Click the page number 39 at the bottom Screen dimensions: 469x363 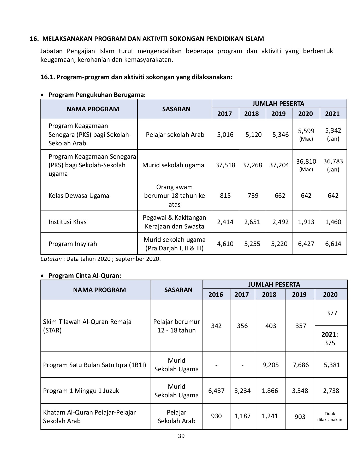[x=181, y=436]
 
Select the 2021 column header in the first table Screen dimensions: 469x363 [x=332, y=114]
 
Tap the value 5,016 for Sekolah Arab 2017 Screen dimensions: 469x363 [x=225, y=135]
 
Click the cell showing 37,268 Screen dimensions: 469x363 [x=252, y=165]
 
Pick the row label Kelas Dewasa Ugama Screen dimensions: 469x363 [x=79, y=196]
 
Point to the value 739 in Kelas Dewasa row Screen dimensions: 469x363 [x=253, y=196]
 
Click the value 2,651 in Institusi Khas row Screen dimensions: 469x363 [x=252, y=222]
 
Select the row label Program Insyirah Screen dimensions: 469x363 [x=73, y=244]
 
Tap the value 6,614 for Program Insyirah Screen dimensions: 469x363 [x=333, y=244]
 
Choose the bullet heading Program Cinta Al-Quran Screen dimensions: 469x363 [x=85, y=276]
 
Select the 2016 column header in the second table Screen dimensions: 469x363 [x=216, y=295]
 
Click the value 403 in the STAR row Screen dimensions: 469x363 [x=271, y=326]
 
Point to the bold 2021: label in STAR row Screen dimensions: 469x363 [x=330, y=335]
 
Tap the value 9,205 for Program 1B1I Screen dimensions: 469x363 [x=271, y=365]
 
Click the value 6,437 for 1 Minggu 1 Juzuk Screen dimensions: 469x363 [x=216, y=391]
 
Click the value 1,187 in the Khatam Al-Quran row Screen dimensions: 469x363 [x=242, y=416]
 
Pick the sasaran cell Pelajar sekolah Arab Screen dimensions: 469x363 [x=175, y=135]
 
